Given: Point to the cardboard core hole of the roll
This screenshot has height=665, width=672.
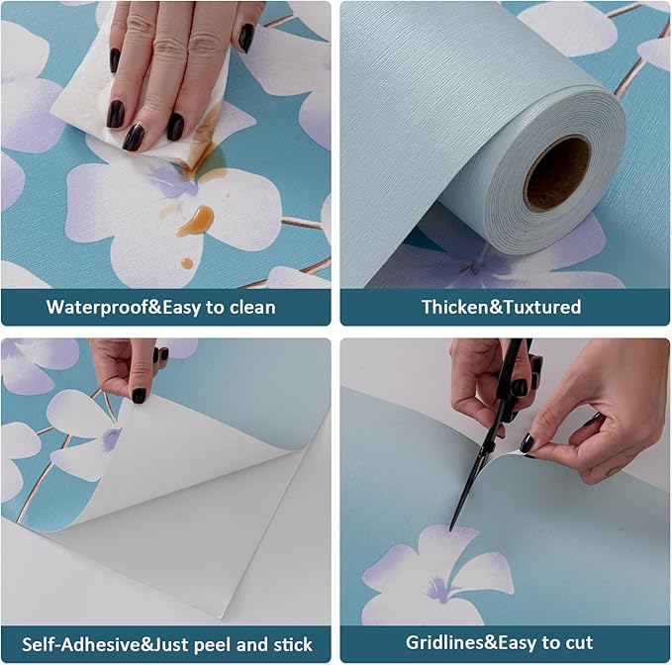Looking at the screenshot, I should tap(556, 172).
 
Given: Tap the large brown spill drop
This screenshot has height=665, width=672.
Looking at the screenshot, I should tap(196, 221).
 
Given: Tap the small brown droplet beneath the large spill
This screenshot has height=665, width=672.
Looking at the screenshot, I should tap(187, 263).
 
